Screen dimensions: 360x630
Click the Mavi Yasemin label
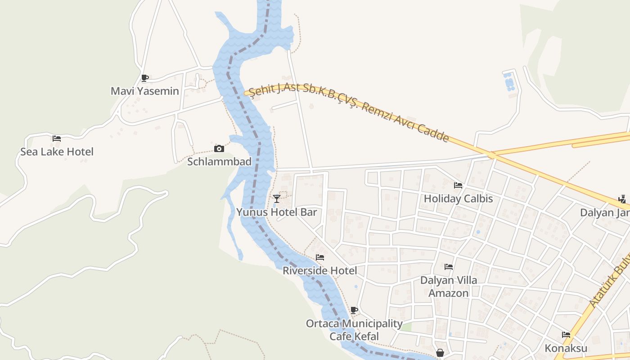pos(145,91)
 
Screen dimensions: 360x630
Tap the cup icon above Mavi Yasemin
pos(144,78)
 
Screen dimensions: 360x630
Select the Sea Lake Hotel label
pos(57,152)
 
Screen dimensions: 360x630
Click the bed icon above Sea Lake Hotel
pos(57,139)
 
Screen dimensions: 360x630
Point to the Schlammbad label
pos(219,162)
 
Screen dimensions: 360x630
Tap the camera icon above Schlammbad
pos(219,148)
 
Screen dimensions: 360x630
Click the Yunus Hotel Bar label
pos(277,212)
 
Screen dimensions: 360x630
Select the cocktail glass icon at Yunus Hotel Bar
pos(277,198)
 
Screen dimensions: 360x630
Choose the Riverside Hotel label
pos(320,270)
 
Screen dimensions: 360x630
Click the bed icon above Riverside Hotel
pos(320,257)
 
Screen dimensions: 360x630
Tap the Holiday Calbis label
pos(459,198)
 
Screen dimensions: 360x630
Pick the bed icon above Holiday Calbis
pos(458,185)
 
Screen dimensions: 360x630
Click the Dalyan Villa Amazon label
pos(449,287)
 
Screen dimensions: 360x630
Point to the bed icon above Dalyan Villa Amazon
pos(449,266)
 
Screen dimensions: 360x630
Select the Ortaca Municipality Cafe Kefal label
pos(354,330)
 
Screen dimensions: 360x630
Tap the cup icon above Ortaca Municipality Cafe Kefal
pos(354,310)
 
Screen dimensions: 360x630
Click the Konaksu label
pos(566,348)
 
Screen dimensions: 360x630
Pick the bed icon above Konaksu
pos(566,335)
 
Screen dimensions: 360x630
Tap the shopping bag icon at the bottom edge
pos(440,353)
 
